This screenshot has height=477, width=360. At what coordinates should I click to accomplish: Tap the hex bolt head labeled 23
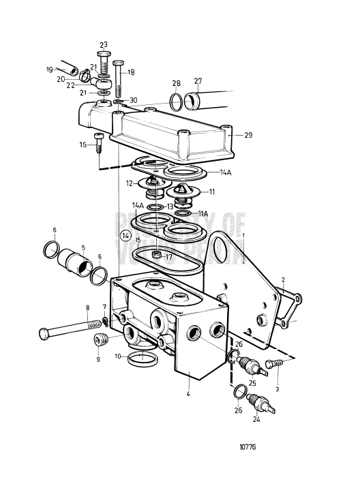click(x=103, y=55)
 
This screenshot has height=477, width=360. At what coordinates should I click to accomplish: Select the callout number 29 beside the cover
click(x=247, y=136)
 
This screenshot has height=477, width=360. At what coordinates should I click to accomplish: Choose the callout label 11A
click(x=202, y=213)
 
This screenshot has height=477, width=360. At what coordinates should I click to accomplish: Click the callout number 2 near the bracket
click(x=283, y=279)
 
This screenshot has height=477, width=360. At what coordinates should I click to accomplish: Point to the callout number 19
click(x=50, y=70)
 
